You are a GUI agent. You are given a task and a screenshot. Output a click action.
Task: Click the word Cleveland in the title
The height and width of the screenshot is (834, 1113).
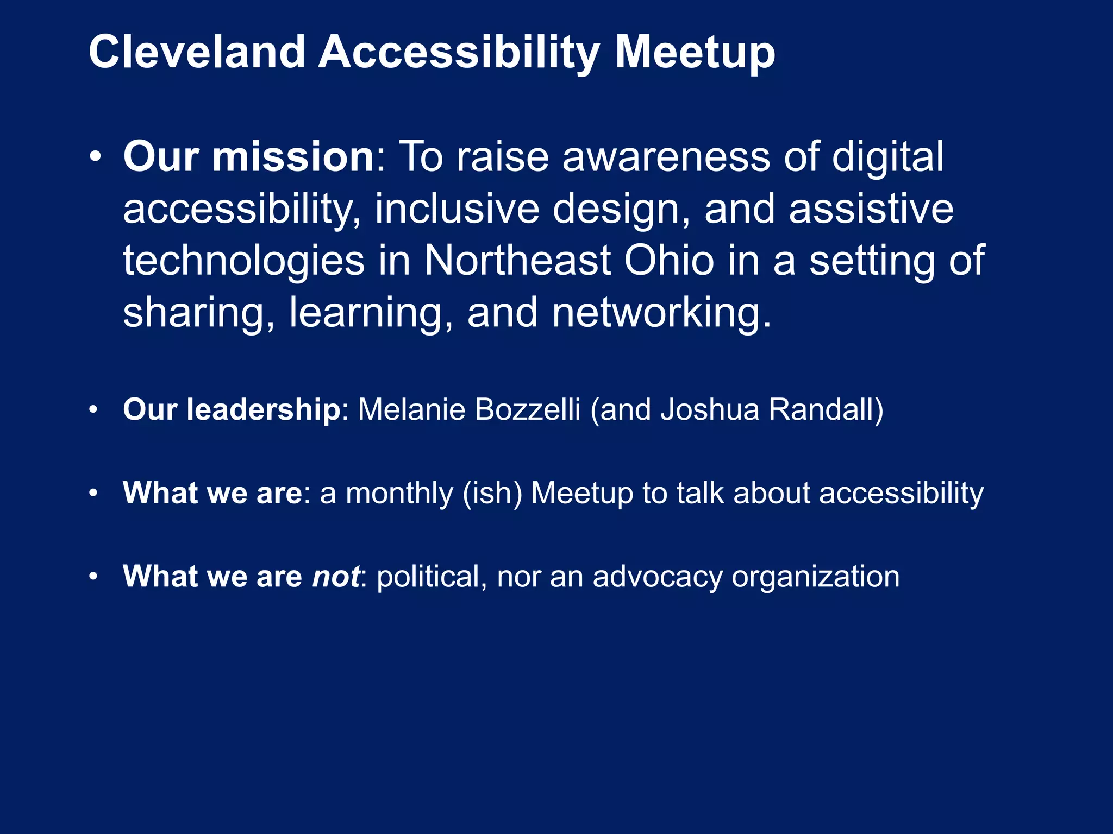197,52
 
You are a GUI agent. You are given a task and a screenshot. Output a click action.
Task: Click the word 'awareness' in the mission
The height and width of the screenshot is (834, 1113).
666,157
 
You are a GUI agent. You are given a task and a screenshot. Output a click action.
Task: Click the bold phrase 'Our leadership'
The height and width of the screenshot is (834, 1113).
232,409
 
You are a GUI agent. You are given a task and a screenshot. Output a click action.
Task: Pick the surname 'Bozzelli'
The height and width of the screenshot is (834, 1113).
527,409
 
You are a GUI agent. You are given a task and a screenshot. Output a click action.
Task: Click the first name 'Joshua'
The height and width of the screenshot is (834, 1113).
710,409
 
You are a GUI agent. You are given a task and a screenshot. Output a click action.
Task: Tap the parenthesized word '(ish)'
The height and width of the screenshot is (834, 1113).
492,493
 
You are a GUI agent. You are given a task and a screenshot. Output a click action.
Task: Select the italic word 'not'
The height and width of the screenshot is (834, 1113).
335,576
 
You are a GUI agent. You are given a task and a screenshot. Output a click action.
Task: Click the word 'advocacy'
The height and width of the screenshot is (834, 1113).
658,576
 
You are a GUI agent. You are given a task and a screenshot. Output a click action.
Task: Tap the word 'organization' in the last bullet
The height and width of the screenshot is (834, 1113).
815,576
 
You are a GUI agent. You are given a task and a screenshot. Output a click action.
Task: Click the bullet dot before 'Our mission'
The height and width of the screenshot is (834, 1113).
95,157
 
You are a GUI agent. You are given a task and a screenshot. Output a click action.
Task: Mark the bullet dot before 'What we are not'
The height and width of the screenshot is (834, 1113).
93,577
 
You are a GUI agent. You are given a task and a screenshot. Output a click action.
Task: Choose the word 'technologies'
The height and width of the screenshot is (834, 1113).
243,261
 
